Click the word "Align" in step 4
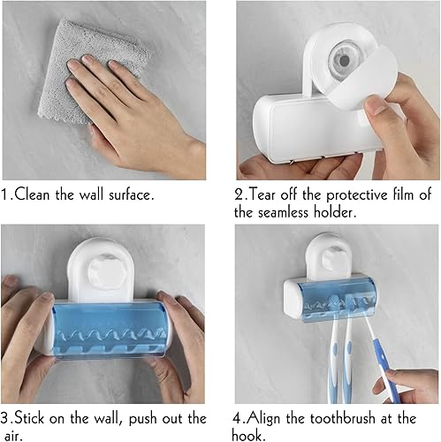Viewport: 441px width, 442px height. point(276,418)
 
